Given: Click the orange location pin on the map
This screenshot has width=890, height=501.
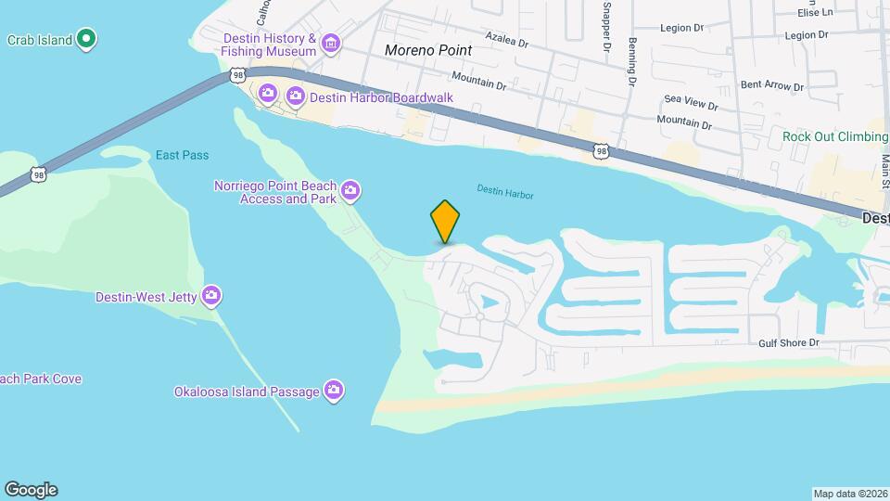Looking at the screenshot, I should [446, 221].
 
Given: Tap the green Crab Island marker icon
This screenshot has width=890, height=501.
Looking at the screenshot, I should [86, 39].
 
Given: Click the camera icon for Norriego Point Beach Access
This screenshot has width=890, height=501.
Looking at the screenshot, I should [350, 191].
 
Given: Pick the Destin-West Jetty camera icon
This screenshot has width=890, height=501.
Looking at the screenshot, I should [212, 296].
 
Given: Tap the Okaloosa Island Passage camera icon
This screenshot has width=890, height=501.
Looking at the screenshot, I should [334, 391].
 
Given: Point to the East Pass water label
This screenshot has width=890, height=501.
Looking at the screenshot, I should [183, 155].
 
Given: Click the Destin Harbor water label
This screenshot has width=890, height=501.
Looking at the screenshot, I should [505, 190].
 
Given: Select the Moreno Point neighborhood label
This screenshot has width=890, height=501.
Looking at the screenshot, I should [428, 50].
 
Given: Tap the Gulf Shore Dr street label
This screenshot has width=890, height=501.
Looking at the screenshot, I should [789, 342].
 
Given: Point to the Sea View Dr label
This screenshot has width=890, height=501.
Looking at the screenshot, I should [689, 99].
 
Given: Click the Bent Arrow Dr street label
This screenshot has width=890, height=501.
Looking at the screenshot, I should [772, 86].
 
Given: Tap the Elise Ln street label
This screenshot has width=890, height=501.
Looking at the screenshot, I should [816, 12].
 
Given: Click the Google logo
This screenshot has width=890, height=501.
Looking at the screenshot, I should [31, 490].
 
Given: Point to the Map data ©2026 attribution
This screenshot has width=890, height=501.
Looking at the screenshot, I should [849, 494].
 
